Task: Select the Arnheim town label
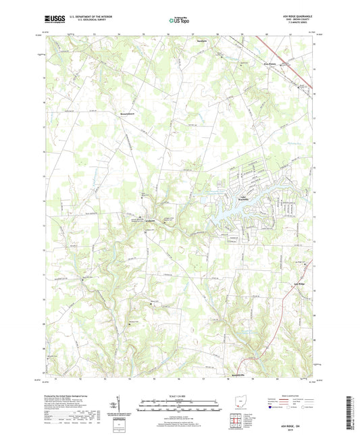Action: [x=149, y=220]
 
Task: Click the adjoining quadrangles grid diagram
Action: [x=235, y=420]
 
